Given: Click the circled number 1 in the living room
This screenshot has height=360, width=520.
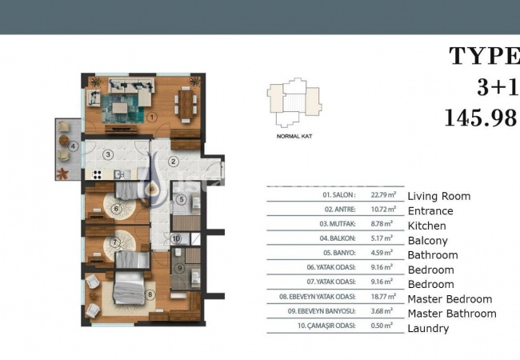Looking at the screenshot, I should [x=151, y=116].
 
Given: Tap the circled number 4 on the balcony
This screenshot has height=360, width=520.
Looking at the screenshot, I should [x=73, y=146].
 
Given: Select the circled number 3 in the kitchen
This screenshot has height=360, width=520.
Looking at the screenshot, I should [x=106, y=154].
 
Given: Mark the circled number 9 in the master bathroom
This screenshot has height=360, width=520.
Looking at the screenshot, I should [x=181, y=268].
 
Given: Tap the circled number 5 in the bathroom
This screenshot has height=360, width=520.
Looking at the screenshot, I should [x=182, y=199].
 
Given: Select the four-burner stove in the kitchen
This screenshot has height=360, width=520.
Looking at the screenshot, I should [x=98, y=174].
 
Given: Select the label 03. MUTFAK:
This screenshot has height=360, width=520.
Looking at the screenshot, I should [x=339, y=226].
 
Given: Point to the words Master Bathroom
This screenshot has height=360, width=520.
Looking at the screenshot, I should [x=451, y=314].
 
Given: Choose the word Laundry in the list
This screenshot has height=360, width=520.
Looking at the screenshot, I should [x=428, y=329].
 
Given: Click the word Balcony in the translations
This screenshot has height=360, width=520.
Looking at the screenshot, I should [x=427, y=241].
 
